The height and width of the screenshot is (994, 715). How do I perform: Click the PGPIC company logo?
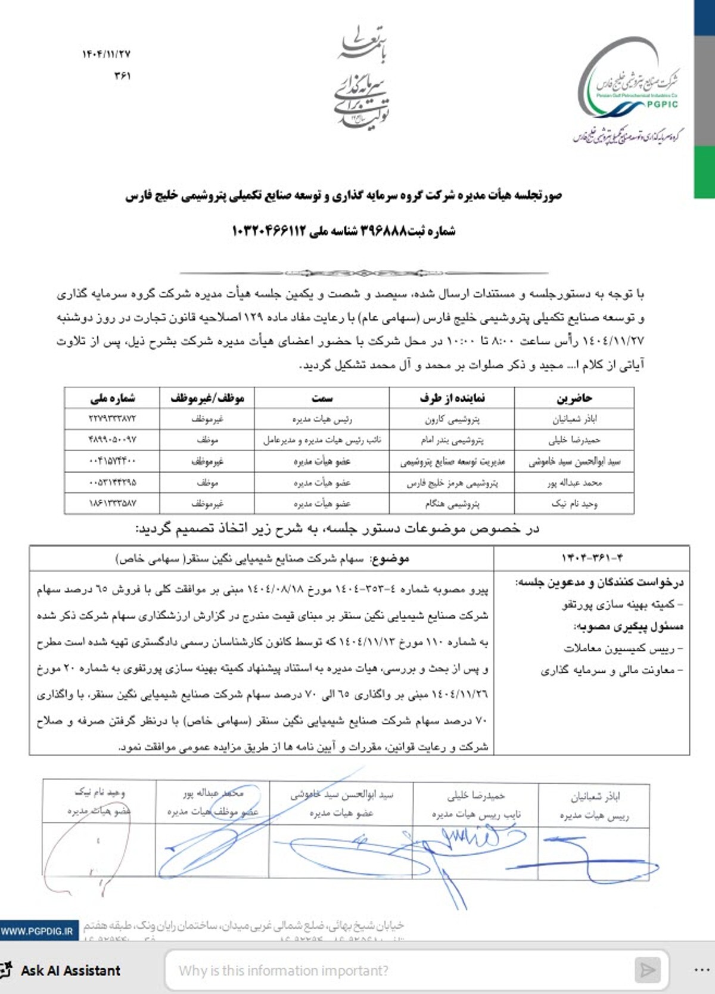tap(630, 89)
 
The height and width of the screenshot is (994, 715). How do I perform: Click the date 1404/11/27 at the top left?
tap(106, 54)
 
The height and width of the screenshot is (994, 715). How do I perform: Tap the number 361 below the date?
tap(122, 76)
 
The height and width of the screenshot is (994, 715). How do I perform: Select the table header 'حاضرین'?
tap(574, 398)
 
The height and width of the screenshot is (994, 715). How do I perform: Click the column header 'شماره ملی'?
tap(113, 398)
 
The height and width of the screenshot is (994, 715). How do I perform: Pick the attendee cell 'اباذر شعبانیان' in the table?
tap(574, 419)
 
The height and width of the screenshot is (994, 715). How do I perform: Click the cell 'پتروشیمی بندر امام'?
tap(452, 440)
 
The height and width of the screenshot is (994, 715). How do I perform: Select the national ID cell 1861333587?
tap(113, 503)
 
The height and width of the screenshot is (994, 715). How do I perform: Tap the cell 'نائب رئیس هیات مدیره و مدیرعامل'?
tap(322, 440)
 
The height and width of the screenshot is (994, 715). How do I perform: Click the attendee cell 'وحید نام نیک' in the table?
tap(574, 503)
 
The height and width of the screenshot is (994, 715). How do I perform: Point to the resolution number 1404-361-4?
tap(592, 558)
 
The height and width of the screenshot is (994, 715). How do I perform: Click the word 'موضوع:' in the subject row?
tap(390, 558)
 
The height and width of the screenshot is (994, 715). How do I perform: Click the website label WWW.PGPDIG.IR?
tap(37, 930)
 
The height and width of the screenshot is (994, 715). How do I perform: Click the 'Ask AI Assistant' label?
tap(70, 970)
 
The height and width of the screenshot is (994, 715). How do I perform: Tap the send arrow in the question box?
tap(647, 970)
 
